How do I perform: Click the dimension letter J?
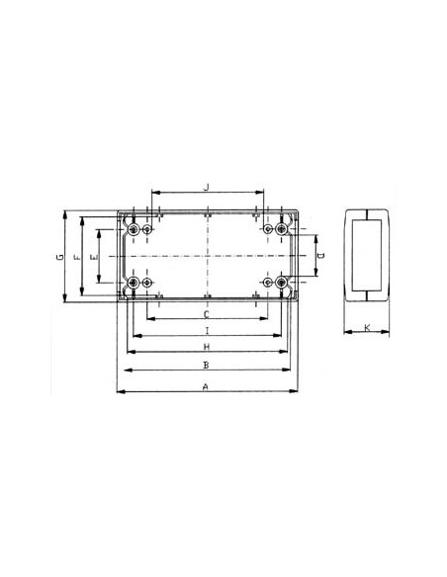pos(206,185)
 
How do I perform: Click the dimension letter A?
pos(205,386)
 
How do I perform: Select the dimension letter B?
pos(205,366)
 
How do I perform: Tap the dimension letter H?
pos(206,348)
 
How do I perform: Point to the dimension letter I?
pos(206,330)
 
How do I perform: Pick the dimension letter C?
pos(206,313)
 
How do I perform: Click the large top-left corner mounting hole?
pos(133,229)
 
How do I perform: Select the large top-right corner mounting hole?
pos(282,229)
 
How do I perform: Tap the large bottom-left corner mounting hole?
pos(133,284)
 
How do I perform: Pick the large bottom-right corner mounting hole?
pos(282,284)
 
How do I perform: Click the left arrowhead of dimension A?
pos(120,393)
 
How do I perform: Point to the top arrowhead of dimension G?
pos(65,211)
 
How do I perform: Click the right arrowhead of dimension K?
pos(388,334)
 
